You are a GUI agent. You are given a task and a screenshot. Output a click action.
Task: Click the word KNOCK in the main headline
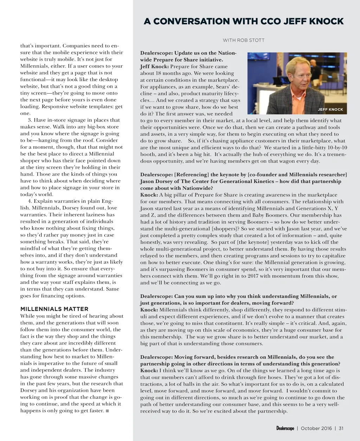tap(327, 21)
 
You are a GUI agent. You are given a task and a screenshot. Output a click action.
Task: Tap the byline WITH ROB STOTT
tap(244, 40)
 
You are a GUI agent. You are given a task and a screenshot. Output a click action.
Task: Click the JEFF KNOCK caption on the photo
tap(330, 109)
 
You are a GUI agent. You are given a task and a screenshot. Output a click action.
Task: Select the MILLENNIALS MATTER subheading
tap(54, 309)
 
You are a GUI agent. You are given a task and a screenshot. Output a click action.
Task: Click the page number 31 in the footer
tap(341, 428)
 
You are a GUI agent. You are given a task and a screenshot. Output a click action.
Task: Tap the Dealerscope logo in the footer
tap(285, 428)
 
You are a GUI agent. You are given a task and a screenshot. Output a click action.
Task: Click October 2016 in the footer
tap(316, 428)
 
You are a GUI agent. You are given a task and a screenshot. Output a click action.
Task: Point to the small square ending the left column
tap(107, 411)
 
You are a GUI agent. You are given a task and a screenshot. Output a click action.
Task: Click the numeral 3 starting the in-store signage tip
tap(30, 120)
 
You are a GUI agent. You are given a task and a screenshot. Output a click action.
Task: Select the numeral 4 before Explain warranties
tap(30, 201)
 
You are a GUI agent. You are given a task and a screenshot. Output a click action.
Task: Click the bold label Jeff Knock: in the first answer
tap(154, 66)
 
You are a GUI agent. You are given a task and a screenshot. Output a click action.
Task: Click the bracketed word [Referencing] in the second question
tap(192, 175)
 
